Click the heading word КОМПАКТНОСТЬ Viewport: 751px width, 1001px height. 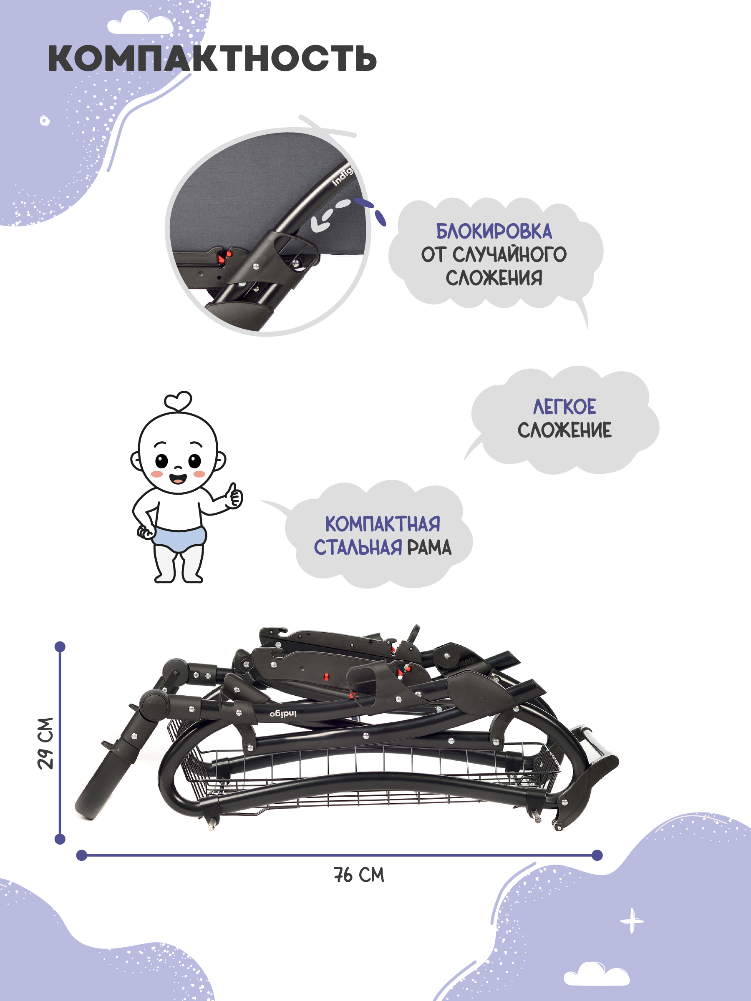(x=212, y=58)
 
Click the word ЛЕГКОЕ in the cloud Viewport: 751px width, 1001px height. (x=565, y=406)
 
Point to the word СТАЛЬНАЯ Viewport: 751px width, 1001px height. (x=358, y=547)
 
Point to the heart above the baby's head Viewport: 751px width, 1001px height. (x=178, y=400)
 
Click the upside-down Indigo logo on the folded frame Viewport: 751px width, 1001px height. (x=283, y=714)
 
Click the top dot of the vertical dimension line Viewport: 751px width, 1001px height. (x=60, y=646)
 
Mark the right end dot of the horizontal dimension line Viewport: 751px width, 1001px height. (x=597, y=855)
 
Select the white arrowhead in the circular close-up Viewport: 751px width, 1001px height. (x=320, y=224)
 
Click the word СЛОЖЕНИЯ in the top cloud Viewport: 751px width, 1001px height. (x=494, y=277)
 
